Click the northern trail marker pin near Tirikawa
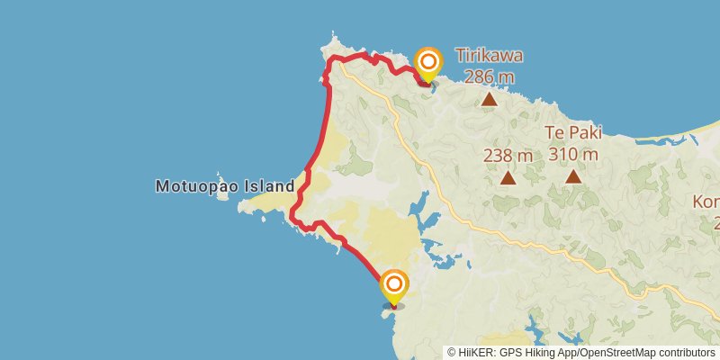(x=429, y=62)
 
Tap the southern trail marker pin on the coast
(x=393, y=286)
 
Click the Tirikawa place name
(x=490, y=56)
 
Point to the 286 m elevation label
(x=490, y=76)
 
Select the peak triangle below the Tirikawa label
(x=489, y=99)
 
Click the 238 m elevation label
(x=508, y=155)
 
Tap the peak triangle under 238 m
(x=508, y=177)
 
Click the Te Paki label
(x=573, y=134)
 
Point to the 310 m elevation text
(x=573, y=155)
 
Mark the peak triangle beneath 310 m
(x=573, y=176)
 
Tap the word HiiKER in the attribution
(x=476, y=352)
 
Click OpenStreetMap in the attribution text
(x=619, y=352)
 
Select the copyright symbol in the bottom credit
(x=451, y=352)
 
